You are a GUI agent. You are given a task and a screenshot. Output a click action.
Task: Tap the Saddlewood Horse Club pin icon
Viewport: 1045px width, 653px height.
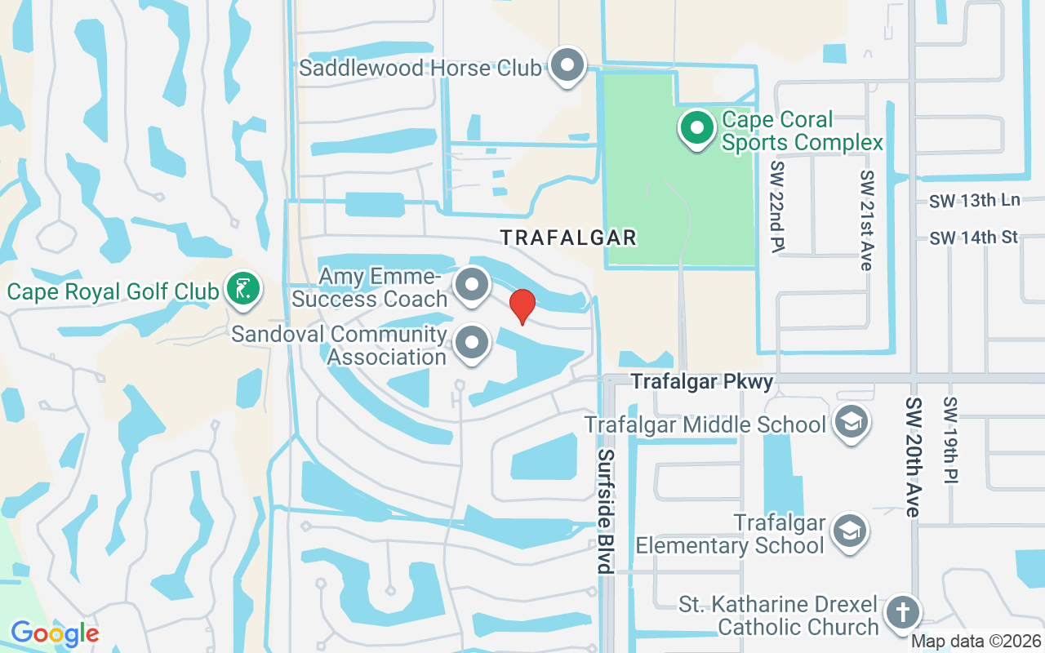coord(568,65)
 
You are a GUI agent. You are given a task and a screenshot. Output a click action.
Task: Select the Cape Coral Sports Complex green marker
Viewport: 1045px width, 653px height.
coord(696,129)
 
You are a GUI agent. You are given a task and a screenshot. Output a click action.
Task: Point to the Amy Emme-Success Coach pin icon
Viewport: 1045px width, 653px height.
coord(471,286)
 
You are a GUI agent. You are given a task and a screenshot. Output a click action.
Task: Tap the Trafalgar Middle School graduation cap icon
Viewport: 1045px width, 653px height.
coord(852,422)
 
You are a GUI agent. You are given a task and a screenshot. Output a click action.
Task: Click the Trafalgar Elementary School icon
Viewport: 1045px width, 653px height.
coord(849,531)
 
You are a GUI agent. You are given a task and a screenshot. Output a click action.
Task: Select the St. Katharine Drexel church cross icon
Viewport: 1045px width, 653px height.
coord(902,612)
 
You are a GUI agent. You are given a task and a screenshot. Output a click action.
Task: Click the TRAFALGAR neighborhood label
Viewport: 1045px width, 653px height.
coord(568,238)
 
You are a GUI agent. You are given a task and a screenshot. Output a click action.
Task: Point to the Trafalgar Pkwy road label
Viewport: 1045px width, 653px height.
coord(702,381)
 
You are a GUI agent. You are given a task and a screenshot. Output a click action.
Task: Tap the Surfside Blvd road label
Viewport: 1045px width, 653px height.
coord(605,511)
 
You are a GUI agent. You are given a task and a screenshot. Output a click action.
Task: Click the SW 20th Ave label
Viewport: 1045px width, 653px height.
coord(914,457)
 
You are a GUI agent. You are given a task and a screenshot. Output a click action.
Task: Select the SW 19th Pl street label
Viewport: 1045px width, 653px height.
coord(950,441)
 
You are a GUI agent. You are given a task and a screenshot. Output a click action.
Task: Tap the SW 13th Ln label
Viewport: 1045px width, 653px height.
coord(975,201)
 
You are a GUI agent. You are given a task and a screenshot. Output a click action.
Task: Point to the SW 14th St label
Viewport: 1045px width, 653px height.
coord(974,238)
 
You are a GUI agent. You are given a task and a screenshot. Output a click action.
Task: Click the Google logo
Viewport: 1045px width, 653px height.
coord(55,633)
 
